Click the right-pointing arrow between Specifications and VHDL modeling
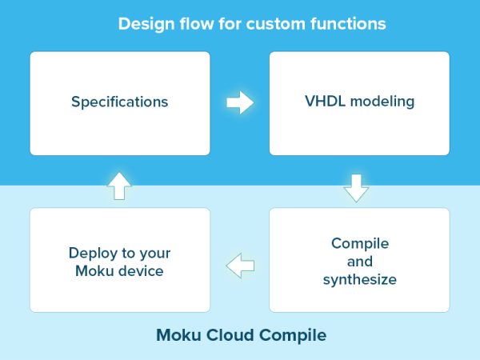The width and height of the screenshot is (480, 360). coord(240,102)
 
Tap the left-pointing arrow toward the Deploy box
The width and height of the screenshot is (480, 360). coord(240,264)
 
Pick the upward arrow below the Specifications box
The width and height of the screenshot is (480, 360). coord(118,185)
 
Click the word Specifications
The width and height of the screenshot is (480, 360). coord(120,102)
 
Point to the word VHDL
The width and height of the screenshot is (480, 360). coord(322,102)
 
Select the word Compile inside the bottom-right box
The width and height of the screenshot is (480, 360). coord(359,243)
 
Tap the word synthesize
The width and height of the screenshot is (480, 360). coord(359,280)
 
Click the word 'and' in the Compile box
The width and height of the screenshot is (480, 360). coord(359,262)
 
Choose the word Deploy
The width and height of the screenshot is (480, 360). coord(90,253)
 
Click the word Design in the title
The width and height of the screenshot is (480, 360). coord(142,23)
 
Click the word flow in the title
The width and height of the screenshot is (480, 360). coord(193,23)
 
